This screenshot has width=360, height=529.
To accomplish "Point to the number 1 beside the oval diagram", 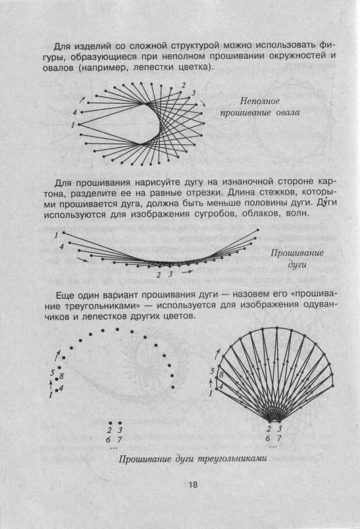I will (72, 125).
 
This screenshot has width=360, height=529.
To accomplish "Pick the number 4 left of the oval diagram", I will (74, 112).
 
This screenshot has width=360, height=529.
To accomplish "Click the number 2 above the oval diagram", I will (183, 85).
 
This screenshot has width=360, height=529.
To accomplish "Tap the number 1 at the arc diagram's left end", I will (56, 235).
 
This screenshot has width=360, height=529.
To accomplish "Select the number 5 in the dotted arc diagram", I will (53, 373).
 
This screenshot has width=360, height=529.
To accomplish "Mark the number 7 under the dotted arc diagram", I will (120, 438).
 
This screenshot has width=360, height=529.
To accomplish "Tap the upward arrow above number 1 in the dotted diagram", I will (51, 384).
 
